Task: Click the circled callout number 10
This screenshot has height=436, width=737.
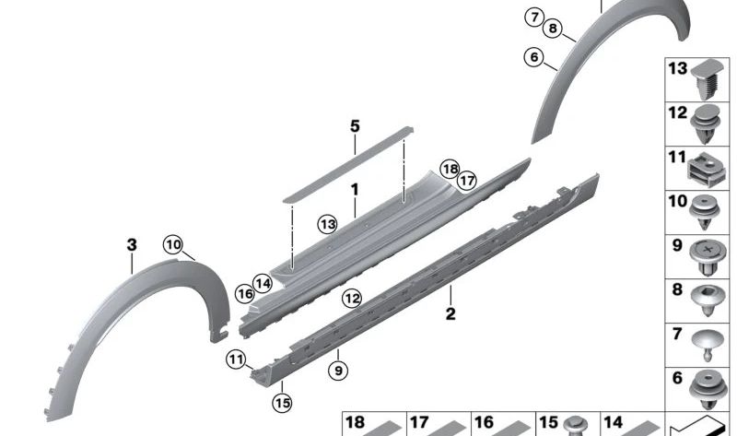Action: pos(173,244)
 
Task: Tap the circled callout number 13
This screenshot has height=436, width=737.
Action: pos(327,224)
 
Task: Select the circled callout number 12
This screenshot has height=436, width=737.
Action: pos(352,298)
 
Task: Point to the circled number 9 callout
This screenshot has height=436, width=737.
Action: pos(338,371)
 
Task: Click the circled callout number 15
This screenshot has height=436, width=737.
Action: pos(282,403)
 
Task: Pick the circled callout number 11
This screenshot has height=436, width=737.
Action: pos(236,359)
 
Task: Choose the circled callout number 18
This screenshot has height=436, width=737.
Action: pos(450,169)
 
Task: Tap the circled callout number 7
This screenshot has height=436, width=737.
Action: pos(534,18)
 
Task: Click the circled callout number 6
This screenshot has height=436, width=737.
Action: pos(534,57)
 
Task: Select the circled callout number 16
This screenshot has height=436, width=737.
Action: pos(245,294)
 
